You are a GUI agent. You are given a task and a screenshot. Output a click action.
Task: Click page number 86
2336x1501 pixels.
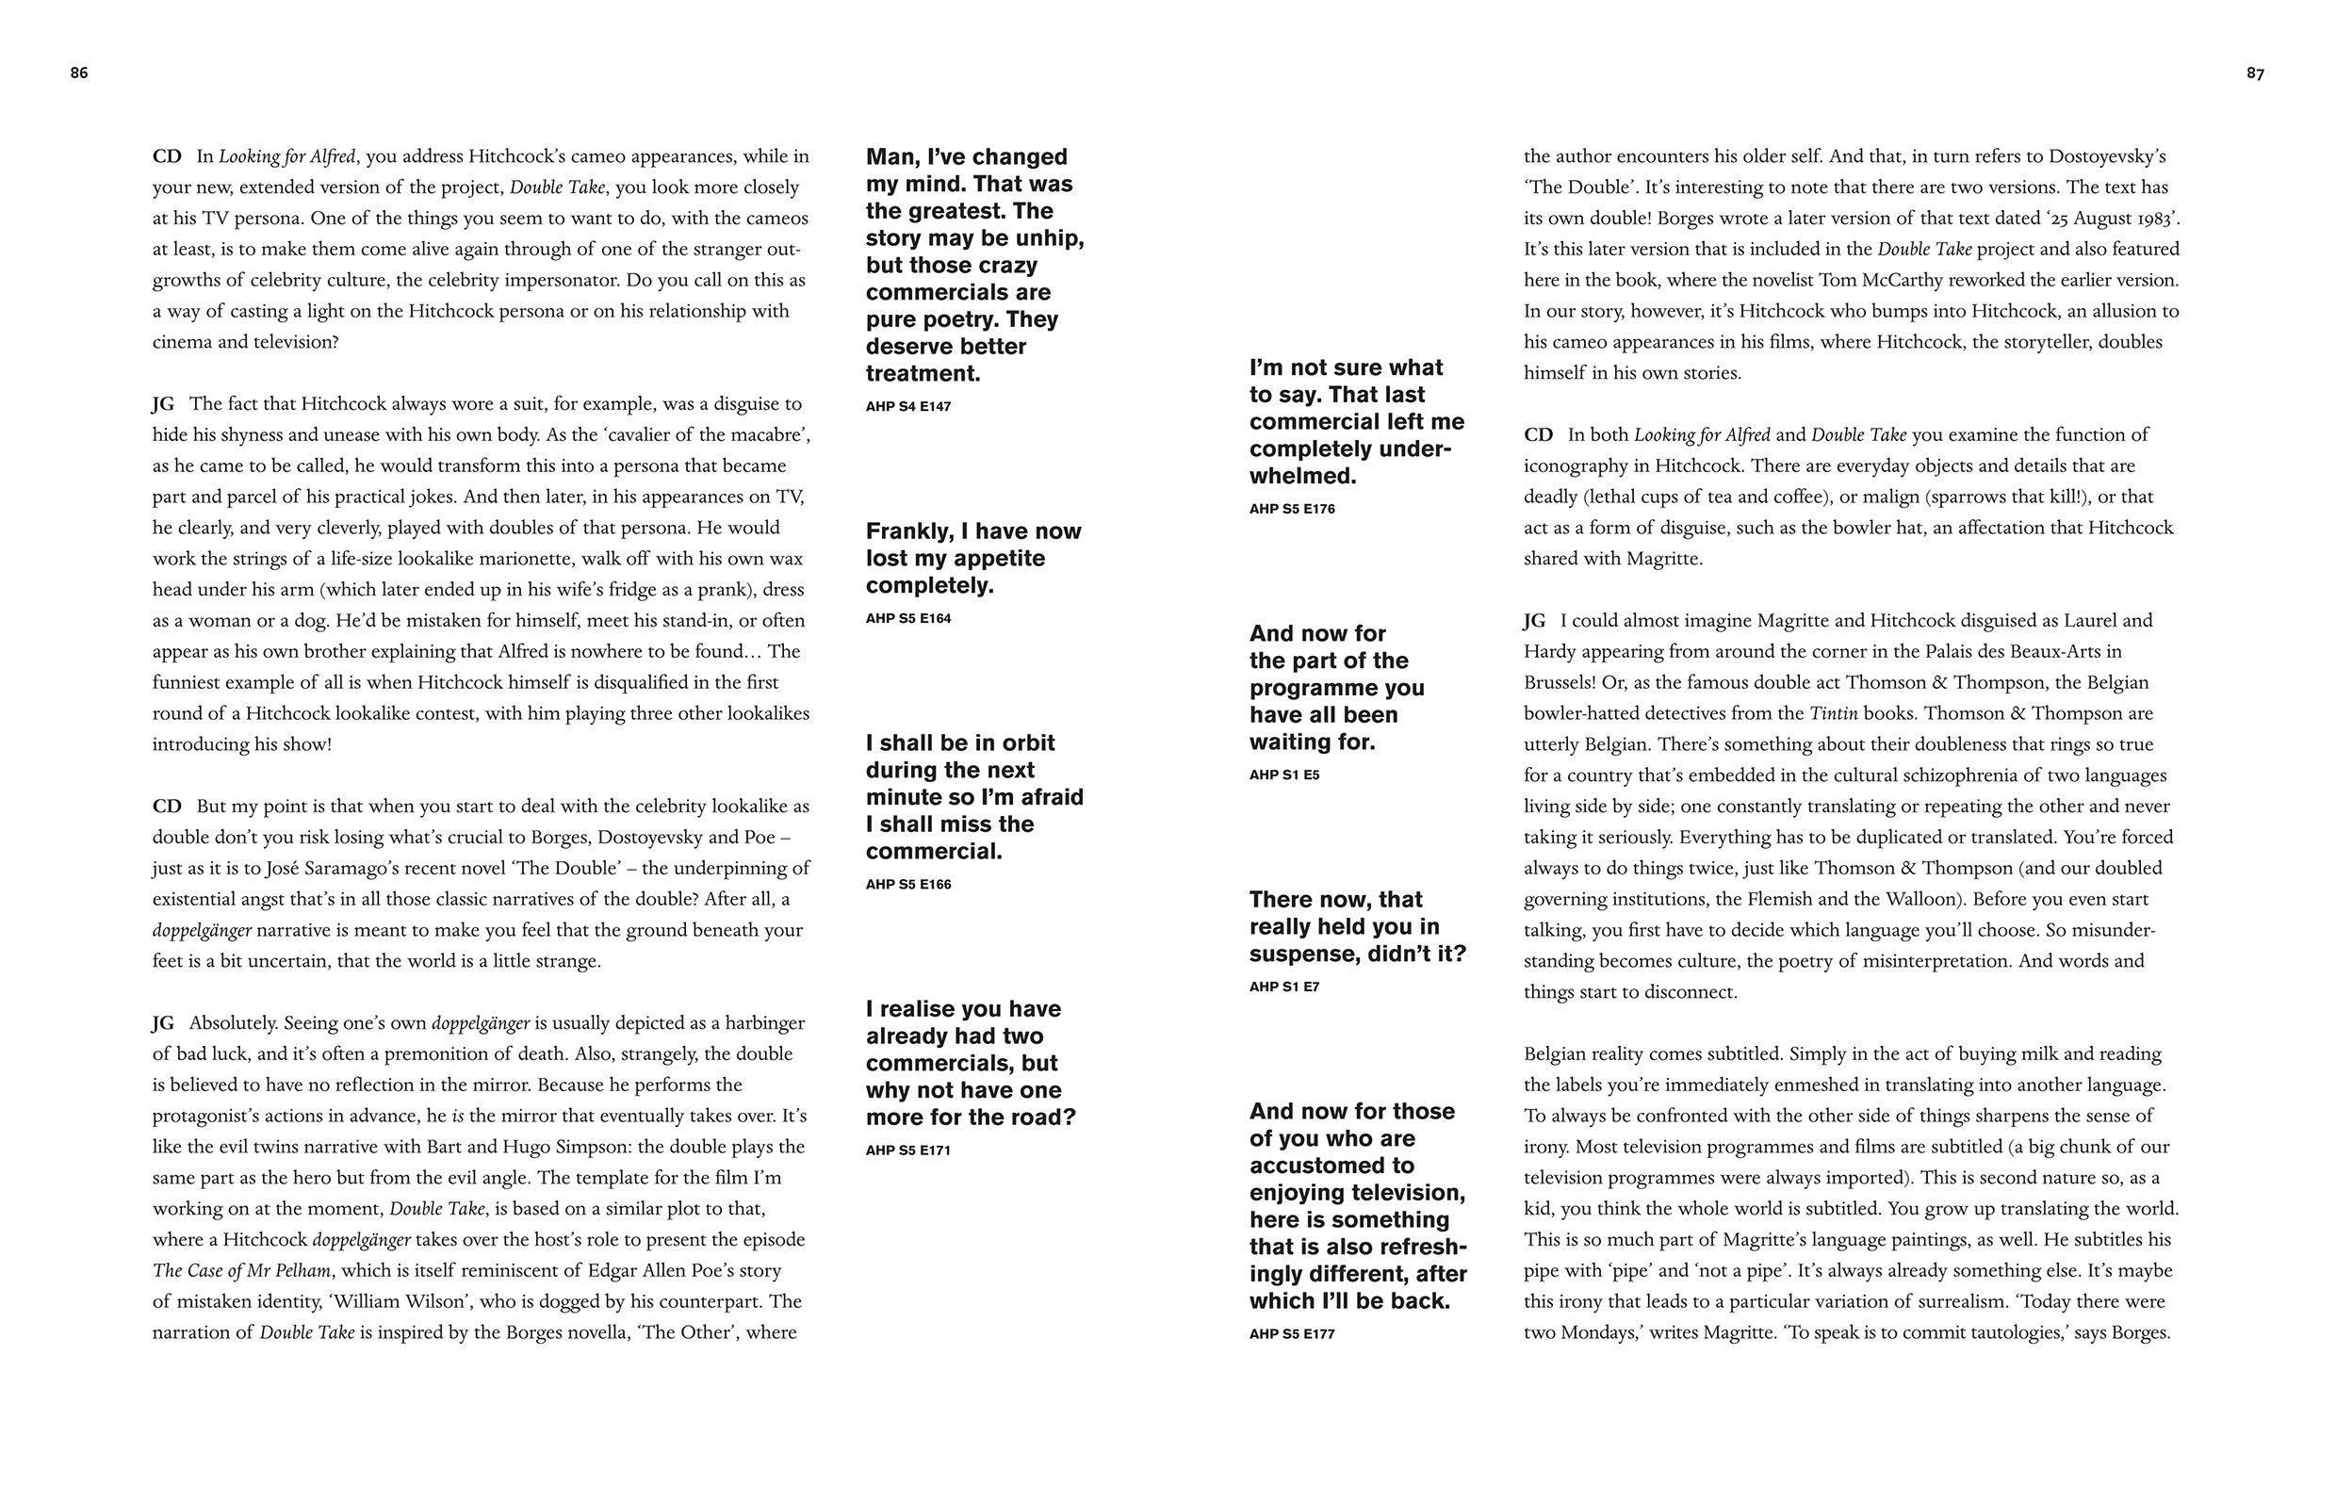click(x=79, y=73)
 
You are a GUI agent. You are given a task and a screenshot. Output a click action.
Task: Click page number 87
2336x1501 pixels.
click(x=2255, y=73)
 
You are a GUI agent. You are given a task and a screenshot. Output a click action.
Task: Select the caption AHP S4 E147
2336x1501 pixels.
click(x=907, y=406)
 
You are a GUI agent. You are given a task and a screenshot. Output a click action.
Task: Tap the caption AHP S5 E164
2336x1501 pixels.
click(x=907, y=618)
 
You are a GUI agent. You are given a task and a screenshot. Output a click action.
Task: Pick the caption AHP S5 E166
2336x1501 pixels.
click(x=907, y=884)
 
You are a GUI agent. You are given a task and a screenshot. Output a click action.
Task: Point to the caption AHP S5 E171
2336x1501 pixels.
click(x=907, y=1150)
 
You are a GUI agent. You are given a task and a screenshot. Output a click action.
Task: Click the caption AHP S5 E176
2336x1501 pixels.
click(x=1291, y=509)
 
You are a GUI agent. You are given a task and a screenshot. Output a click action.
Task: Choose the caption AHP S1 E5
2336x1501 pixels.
click(x=1283, y=775)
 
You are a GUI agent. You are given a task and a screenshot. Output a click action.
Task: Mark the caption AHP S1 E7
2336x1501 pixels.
click(x=1283, y=987)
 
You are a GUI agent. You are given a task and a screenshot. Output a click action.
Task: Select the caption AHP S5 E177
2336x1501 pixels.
click(x=1291, y=1333)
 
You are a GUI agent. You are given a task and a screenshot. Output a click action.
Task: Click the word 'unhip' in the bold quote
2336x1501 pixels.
click(x=1048, y=238)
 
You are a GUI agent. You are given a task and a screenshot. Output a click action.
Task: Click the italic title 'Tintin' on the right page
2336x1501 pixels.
click(x=1833, y=713)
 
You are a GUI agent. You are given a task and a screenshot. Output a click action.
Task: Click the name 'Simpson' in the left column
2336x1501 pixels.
click(x=572, y=1148)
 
